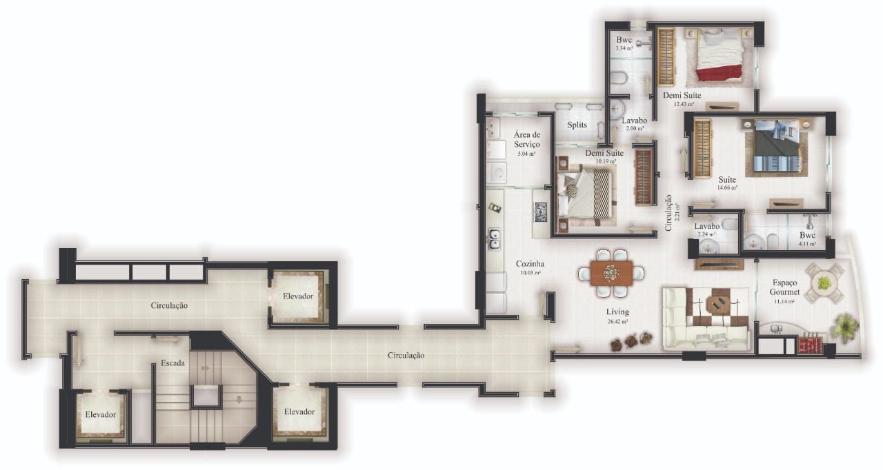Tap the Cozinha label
click(530, 263)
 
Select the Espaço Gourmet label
click(785, 287)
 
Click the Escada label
click(172, 362)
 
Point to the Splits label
click(577, 125)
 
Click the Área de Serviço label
click(526, 140)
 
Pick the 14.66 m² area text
click(727, 187)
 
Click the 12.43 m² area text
click(683, 104)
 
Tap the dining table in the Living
click(611, 273)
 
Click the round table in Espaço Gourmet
click(824, 283)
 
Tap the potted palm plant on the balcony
click(845, 327)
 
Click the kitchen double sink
click(495, 238)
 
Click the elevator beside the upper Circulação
click(298, 296)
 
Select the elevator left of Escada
click(100, 415)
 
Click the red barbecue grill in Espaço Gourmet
click(810, 343)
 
